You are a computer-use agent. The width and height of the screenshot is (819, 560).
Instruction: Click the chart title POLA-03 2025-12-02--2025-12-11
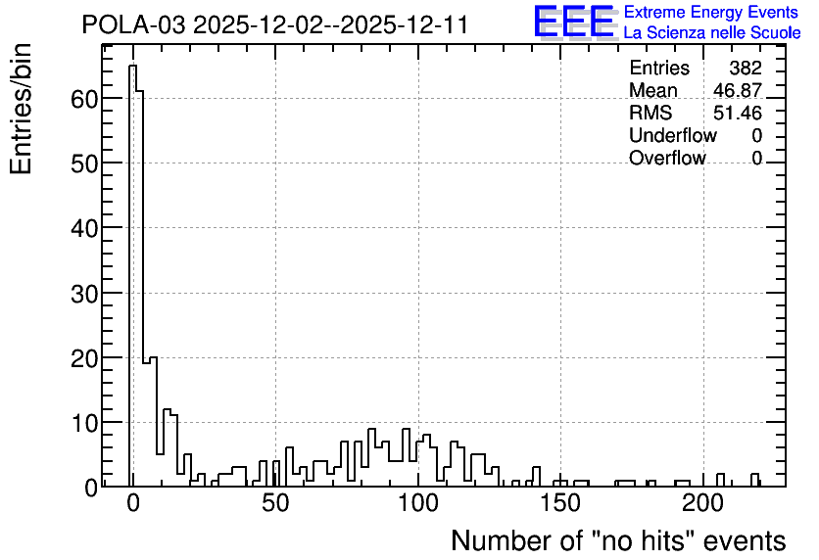pyautogui.click(x=274, y=24)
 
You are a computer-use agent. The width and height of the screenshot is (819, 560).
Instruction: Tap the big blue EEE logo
pyautogui.click(x=574, y=22)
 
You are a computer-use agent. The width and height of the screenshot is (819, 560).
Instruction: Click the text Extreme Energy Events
pyautogui.click(x=711, y=12)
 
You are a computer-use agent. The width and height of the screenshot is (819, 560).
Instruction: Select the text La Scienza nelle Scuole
pyautogui.click(x=712, y=33)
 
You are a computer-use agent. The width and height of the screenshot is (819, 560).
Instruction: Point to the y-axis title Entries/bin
pyautogui.click(x=21, y=109)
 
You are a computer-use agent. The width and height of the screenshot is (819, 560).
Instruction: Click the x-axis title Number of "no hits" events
pyautogui.click(x=618, y=540)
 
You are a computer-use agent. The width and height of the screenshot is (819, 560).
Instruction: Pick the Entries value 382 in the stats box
pyautogui.click(x=746, y=68)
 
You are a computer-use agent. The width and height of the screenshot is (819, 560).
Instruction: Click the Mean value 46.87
pyautogui.click(x=738, y=90)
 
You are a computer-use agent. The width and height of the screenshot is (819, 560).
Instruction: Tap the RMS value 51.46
pyautogui.click(x=738, y=113)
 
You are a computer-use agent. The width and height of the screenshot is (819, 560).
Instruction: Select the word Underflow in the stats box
pyautogui.click(x=673, y=135)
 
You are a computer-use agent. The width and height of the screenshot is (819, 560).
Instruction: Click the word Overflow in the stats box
pyautogui.click(x=667, y=158)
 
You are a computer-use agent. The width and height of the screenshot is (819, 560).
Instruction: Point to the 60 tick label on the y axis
pyautogui.click(x=84, y=99)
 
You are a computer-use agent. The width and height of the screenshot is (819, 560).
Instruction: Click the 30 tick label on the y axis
pyautogui.click(x=84, y=294)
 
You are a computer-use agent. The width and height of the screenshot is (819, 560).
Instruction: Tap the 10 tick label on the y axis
pyautogui.click(x=84, y=423)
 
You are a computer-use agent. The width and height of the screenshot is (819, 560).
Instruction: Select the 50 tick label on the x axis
pyautogui.click(x=276, y=504)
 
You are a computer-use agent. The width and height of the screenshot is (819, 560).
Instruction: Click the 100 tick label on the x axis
pyautogui.click(x=418, y=504)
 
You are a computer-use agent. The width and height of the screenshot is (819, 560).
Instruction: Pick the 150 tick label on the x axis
pyautogui.click(x=560, y=504)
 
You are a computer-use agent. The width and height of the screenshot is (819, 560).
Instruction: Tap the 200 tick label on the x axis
pyautogui.click(x=703, y=504)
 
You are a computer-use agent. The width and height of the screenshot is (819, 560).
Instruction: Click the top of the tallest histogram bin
pyautogui.click(x=132, y=66)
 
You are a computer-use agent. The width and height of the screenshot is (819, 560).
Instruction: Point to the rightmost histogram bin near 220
pyautogui.click(x=754, y=480)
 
